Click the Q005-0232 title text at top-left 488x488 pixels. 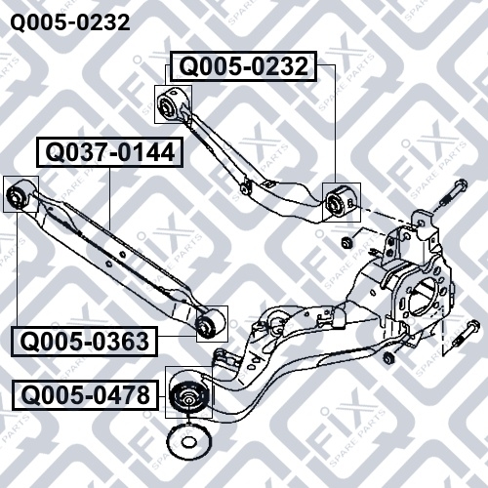click(70, 22)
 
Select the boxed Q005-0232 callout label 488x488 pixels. click(243, 66)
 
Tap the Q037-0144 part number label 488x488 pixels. click(109, 152)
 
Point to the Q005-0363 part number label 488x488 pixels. click(84, 342)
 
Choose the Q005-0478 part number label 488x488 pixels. click(85, 395)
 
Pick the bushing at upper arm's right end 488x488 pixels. click(340, 202)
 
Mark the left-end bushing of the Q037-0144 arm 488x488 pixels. click(20, 194)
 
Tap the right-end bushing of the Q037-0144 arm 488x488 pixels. click(210, 324)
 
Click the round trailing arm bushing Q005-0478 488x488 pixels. click(188, 397)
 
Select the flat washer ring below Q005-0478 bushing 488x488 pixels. click(187, 443)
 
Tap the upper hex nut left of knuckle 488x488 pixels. click(346, 242)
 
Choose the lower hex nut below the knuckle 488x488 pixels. click(388, 358)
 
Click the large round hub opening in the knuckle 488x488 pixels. click(422, 298)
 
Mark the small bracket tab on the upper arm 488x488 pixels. click(268, 183)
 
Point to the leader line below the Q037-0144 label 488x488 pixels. click(109, 198)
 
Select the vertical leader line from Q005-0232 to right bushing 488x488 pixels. click(335, 124)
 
